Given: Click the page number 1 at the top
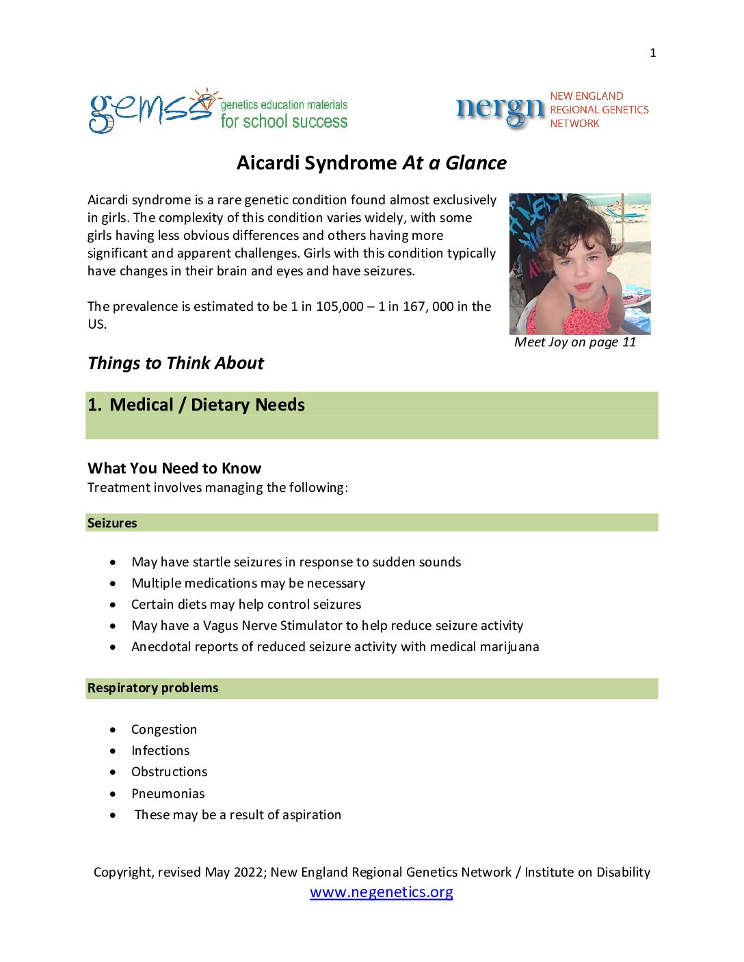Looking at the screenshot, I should coord(653,53).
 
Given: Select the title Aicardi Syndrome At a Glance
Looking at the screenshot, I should coord(371,163).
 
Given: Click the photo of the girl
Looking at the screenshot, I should coord(580,264).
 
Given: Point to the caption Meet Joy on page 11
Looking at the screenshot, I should coord(575,342).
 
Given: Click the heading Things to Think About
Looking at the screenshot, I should coord(176,363).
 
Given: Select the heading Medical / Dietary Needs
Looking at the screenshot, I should coord(207,405).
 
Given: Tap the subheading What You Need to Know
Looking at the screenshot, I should coord(174,468).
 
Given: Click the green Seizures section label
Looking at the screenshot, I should coord(112,523).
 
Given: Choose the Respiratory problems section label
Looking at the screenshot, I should coord(152,688).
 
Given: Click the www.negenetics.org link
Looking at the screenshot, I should coord(381,892).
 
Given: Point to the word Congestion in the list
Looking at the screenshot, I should coord(164,730).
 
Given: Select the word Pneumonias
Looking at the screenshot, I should coord(168,793).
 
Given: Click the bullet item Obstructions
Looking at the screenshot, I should coord(170,772).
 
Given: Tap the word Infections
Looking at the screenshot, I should coord(161,751).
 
